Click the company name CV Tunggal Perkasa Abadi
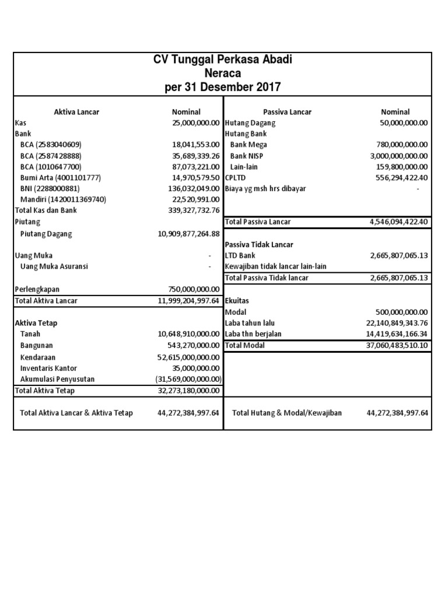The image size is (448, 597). click(x=222, y=60)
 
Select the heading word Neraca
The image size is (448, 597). click(x=222, y=73)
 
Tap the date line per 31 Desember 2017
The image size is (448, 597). click(x=222, y=87)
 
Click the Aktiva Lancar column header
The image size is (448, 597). click(x=76, y=112)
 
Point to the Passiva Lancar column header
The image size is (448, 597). click(x=287, y=112)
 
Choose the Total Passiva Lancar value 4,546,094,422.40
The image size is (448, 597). click(x=399, y=222)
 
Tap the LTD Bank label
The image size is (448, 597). click(x=240, y=255)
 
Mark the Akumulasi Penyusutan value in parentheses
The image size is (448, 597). click(x=187, y=379)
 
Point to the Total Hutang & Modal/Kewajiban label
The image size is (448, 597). click(x=287, y=413)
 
